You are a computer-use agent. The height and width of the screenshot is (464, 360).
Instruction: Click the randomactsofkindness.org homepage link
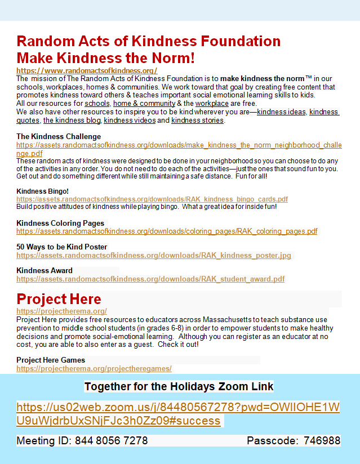(x=87, y=71)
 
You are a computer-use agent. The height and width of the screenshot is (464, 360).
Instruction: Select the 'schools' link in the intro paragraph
(x=97, y=104)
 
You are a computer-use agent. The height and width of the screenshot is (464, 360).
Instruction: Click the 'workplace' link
(x=212, y=104)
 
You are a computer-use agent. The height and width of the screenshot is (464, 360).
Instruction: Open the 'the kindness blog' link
(x=72, y=121)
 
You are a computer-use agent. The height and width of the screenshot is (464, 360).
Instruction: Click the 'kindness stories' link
(x=198, y=121)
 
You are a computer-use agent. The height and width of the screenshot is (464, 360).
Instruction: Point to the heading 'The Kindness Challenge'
(x=59, y=136)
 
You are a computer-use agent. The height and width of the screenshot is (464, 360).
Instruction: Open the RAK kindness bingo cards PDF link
(x=152, y=199)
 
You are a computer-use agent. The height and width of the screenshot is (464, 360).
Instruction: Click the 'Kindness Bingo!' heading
(x=42, y=191)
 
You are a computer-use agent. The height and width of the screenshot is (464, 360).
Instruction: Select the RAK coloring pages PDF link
(x=167, y=231)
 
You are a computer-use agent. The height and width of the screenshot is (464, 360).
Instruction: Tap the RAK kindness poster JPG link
(x=154, y=256)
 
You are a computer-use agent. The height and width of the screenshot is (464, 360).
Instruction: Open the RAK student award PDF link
(x=150, y=279)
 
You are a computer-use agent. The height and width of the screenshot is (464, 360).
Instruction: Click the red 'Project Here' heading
(x=59, y=299)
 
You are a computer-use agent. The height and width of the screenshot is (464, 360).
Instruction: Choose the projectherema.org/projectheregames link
(x=94, y=369)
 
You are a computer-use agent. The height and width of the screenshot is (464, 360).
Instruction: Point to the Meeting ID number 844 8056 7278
(x=112, y=440)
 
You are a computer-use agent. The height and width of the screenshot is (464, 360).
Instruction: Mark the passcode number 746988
(x=322, y=440)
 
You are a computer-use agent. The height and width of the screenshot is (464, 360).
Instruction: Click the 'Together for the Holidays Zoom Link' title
(x=179, y=386)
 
